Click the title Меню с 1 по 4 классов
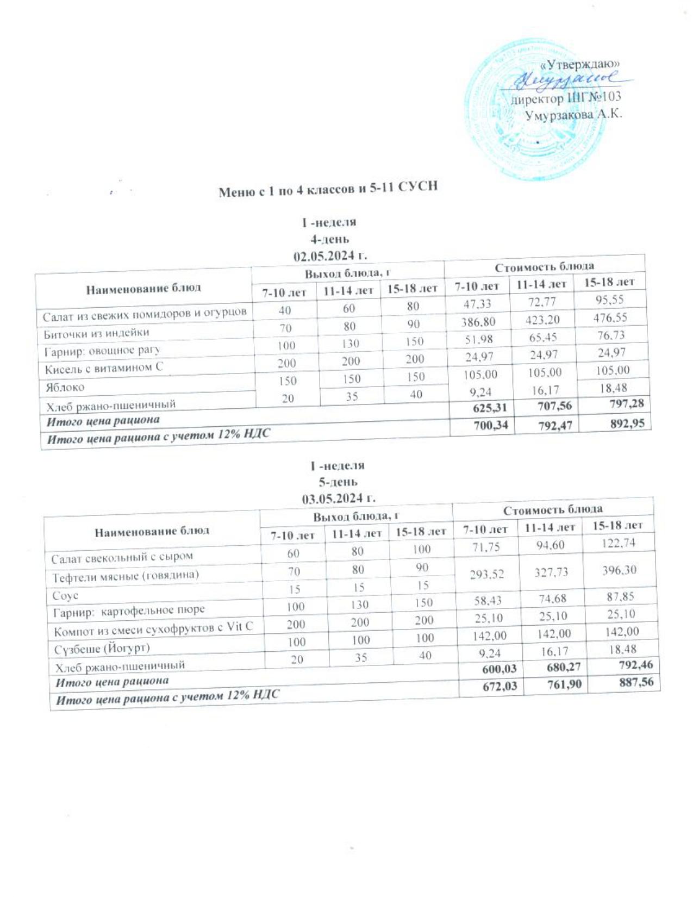coord(328,190)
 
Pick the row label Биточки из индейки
coord(96,333)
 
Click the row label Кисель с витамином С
coord(103,368)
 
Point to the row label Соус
coord(66,596)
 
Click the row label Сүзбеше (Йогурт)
coord(101,649)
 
